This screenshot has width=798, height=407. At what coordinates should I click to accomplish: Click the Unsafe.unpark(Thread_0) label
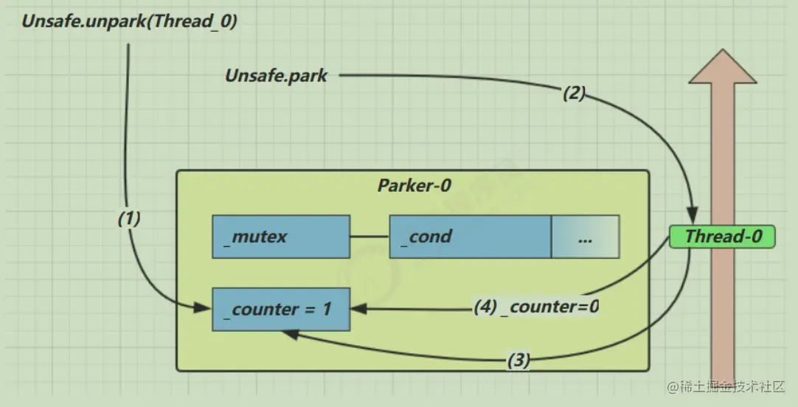129,21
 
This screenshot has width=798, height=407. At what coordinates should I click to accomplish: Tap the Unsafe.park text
276,75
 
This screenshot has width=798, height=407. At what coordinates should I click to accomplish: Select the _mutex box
280,237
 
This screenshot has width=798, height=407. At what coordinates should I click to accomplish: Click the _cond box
470,237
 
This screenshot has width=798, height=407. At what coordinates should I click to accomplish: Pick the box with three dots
585,237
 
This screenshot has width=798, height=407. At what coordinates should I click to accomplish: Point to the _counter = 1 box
280,309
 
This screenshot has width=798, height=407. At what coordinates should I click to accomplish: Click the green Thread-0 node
722,237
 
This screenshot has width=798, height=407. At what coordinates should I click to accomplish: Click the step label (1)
129,218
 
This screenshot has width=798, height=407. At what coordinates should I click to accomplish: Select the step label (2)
574,94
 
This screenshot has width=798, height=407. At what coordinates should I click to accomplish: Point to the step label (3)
518,361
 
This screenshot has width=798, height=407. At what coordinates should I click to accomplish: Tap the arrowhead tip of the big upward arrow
722,55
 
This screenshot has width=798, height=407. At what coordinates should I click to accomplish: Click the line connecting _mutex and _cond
369,237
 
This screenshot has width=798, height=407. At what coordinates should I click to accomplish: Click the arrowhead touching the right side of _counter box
357,309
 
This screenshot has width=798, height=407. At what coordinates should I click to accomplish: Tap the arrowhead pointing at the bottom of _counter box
288,334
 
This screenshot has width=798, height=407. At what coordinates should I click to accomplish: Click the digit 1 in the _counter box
326,310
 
